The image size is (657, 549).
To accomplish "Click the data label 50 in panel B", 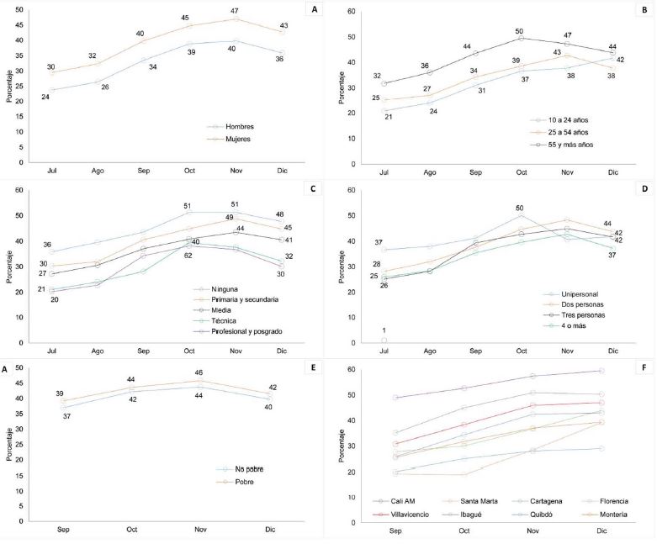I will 520,31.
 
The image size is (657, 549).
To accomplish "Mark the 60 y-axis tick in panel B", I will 352,12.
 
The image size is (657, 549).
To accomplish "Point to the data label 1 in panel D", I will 384,330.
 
